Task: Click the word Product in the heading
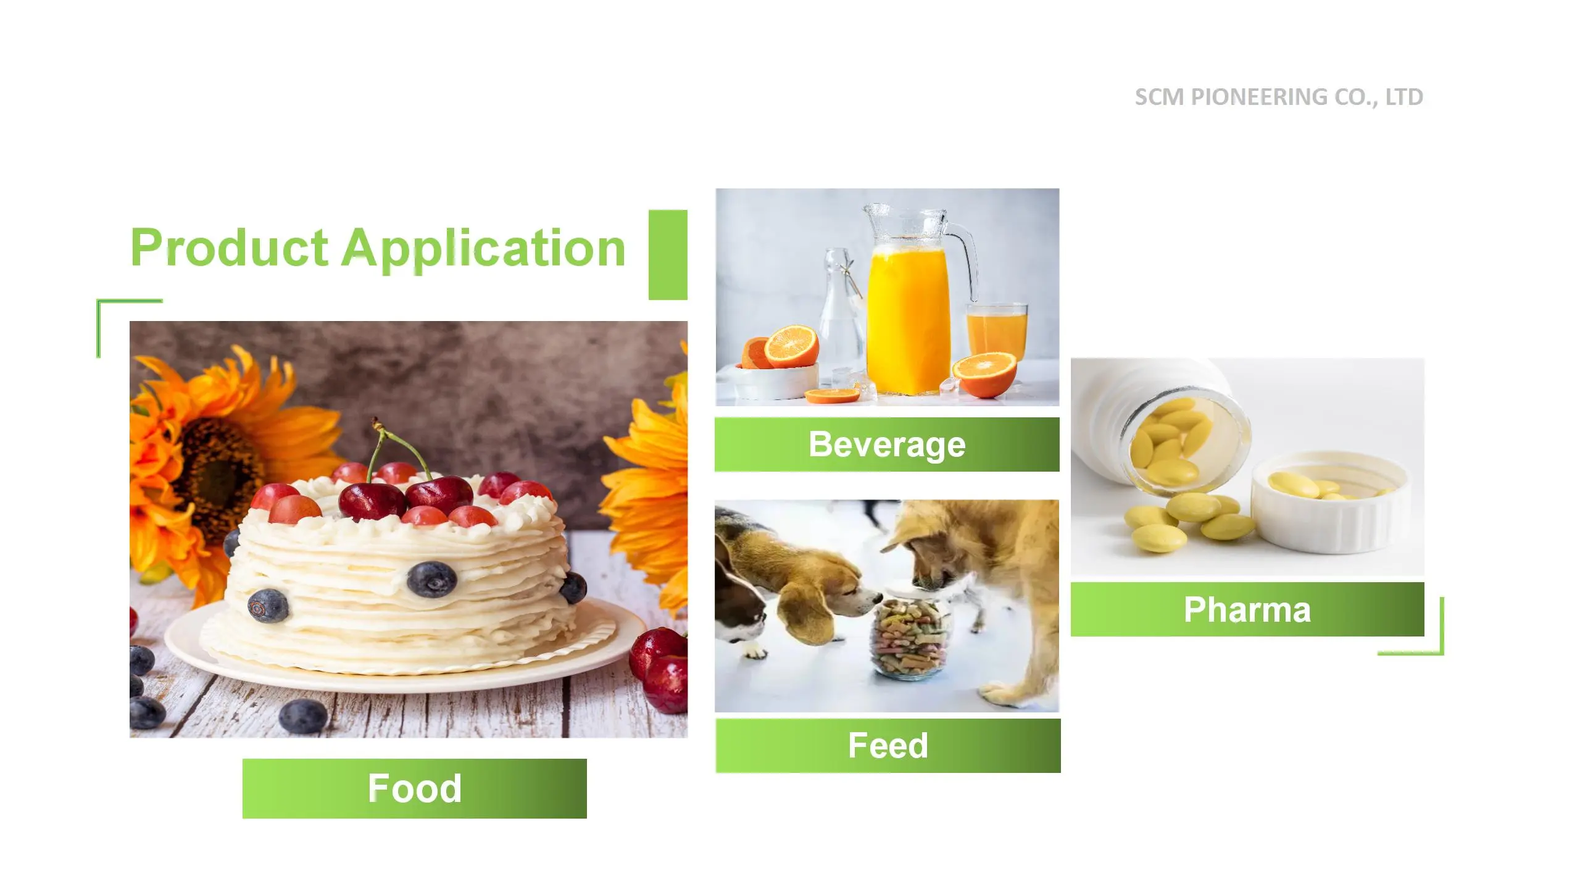tap(229, 248)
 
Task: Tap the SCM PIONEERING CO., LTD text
tap(1279, 97)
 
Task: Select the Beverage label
tap(887, 444)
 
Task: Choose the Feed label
tap(888, 745)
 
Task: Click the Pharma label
tap(1247, 609)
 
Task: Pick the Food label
tap(415, 788)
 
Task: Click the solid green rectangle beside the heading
tap(668, 255)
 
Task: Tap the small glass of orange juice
tap(997, 333)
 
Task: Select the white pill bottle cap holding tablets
tap(1331, 501)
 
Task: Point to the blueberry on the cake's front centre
tap(432, 578)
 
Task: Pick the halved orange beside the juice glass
tap(984, 374)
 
